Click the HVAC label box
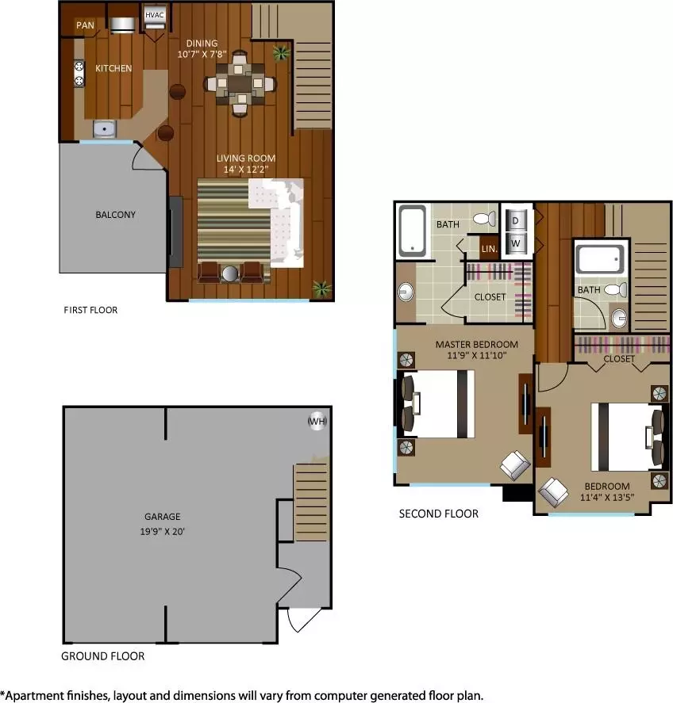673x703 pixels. tap(155, 15)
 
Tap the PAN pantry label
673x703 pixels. tap(85, 25)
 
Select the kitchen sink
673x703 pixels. tap(105, 129)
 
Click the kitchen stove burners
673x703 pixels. tap(79, 74)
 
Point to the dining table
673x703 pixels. tap(240, 83)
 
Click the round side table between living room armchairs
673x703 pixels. tap(230, 274)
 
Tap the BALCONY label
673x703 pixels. tap(115, 215)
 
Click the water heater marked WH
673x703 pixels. tap(317, 421)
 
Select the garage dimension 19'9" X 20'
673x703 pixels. tap(163, 532)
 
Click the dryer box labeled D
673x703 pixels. tap(515, 220)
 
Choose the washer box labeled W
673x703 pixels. tap(515, 243)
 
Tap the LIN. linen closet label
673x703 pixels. tap(490, 249)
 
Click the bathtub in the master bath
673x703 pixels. tap(412, 231)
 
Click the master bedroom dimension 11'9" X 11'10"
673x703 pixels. tap(477, 356)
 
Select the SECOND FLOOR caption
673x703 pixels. tap(439, 514)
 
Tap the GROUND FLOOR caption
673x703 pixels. tap(103, 656)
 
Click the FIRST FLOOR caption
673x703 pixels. tap(90, 310)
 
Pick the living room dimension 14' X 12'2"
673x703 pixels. tap(246, 170)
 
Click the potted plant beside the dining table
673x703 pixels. tap(282, 53)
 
